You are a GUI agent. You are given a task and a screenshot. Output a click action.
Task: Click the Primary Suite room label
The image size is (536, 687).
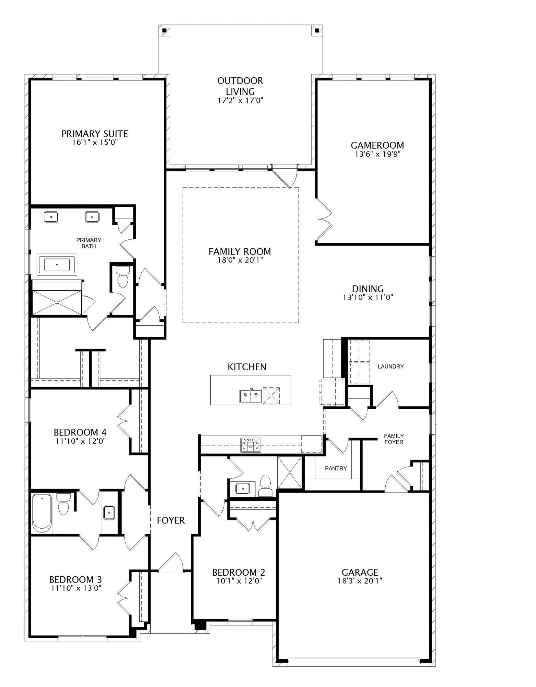[95, 134]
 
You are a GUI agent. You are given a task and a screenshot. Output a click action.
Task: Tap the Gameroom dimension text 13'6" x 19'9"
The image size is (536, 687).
[377, 154]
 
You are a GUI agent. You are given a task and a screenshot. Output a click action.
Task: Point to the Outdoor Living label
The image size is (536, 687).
[240, 86]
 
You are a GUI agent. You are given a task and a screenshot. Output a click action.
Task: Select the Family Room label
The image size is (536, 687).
[240, 251]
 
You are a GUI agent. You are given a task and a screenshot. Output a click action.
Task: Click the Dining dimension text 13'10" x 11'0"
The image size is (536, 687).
[368, 297]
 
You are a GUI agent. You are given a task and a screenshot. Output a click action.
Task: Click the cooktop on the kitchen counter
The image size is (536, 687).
[250, 445]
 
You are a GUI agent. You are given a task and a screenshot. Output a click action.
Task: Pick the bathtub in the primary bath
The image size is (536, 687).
[57, 265]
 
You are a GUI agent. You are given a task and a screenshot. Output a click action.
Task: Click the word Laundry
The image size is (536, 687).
[391, 367]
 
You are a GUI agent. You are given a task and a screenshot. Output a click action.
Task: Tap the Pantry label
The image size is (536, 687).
[336, 468]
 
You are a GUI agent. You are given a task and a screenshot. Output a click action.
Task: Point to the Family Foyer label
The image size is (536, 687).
[394, 439]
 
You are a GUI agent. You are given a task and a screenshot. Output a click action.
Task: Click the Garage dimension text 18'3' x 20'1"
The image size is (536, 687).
[360, 581]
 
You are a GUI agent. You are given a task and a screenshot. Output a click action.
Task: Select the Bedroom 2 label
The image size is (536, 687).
[239, 572]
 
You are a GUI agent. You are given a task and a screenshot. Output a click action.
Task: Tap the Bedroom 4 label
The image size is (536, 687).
[80, 432]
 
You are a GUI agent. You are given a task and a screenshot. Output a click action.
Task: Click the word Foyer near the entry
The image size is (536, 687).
[171, 520]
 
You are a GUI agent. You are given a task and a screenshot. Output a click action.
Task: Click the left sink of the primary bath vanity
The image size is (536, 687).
[51, 217]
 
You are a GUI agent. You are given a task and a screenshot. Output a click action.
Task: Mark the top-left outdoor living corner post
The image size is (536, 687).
[165, 30]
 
